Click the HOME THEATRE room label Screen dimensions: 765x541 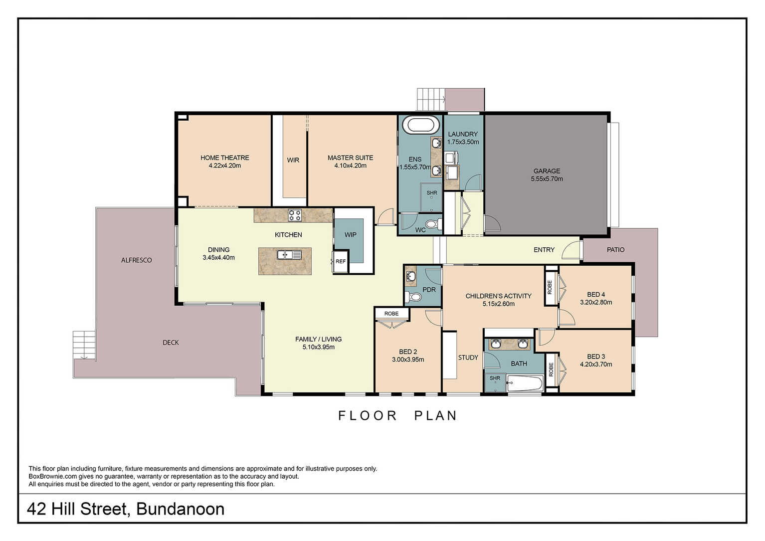coord(225,158)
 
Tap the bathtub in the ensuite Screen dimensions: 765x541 coord(420,125)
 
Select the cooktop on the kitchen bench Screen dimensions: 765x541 coord(294,215)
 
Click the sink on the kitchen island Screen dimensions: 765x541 coord(289,255)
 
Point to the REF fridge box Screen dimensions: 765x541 coord(341,262)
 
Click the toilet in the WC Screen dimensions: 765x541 coord(433,224)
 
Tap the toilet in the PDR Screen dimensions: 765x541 coord(413,297)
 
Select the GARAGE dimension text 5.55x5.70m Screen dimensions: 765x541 coord(547,179)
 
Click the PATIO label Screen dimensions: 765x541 coord(615,250)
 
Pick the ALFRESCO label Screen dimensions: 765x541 coord(136,260)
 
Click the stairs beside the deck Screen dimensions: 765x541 coord(84,345)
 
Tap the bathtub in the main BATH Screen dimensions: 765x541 coord(525,383)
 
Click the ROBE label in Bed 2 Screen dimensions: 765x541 coord(391,314)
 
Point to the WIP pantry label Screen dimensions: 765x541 coord(351,235)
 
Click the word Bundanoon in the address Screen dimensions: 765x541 coord(181,509)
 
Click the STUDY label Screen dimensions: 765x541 coord(468,358)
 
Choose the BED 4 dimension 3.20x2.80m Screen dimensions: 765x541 coord(596,302)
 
